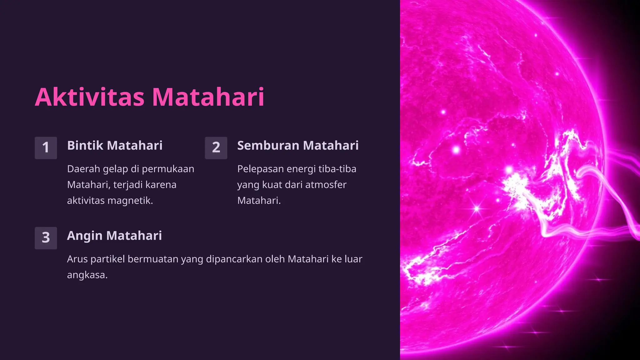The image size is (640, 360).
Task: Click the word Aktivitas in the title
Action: click(x=90, y=97)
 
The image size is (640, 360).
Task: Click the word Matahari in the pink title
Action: click(x=208, y=97)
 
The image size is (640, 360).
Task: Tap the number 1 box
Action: click(x=46, y=148)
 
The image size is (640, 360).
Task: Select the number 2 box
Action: click(x=216, y=148)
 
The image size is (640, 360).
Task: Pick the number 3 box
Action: click(x=46, y=238)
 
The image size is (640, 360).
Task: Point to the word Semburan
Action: click(x=268, y=146)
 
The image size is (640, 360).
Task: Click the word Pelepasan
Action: click(x=260, y=169)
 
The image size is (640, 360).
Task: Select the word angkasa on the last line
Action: click(x=87, y=275)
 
